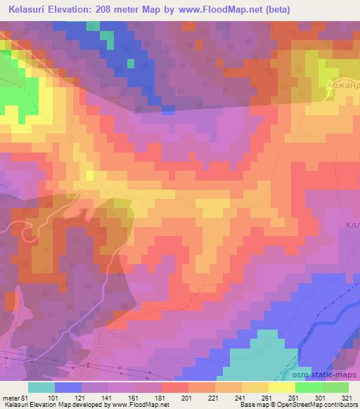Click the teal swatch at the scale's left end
(x=41, y=387)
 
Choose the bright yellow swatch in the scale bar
(x=282, y=387)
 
